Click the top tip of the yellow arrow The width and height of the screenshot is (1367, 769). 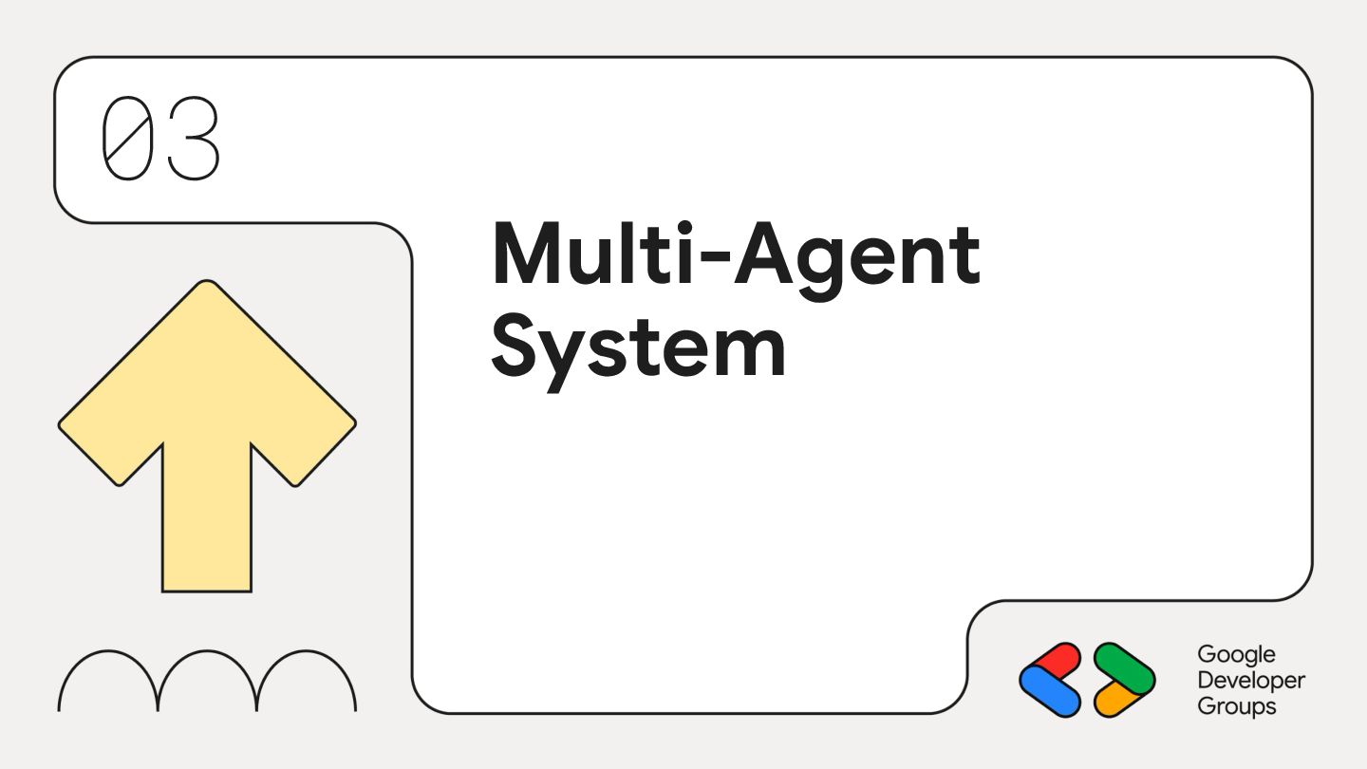tap(207, 284)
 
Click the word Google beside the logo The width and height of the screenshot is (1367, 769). tap(1236, 655)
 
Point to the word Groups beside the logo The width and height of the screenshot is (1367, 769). tap(1236, 707)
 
